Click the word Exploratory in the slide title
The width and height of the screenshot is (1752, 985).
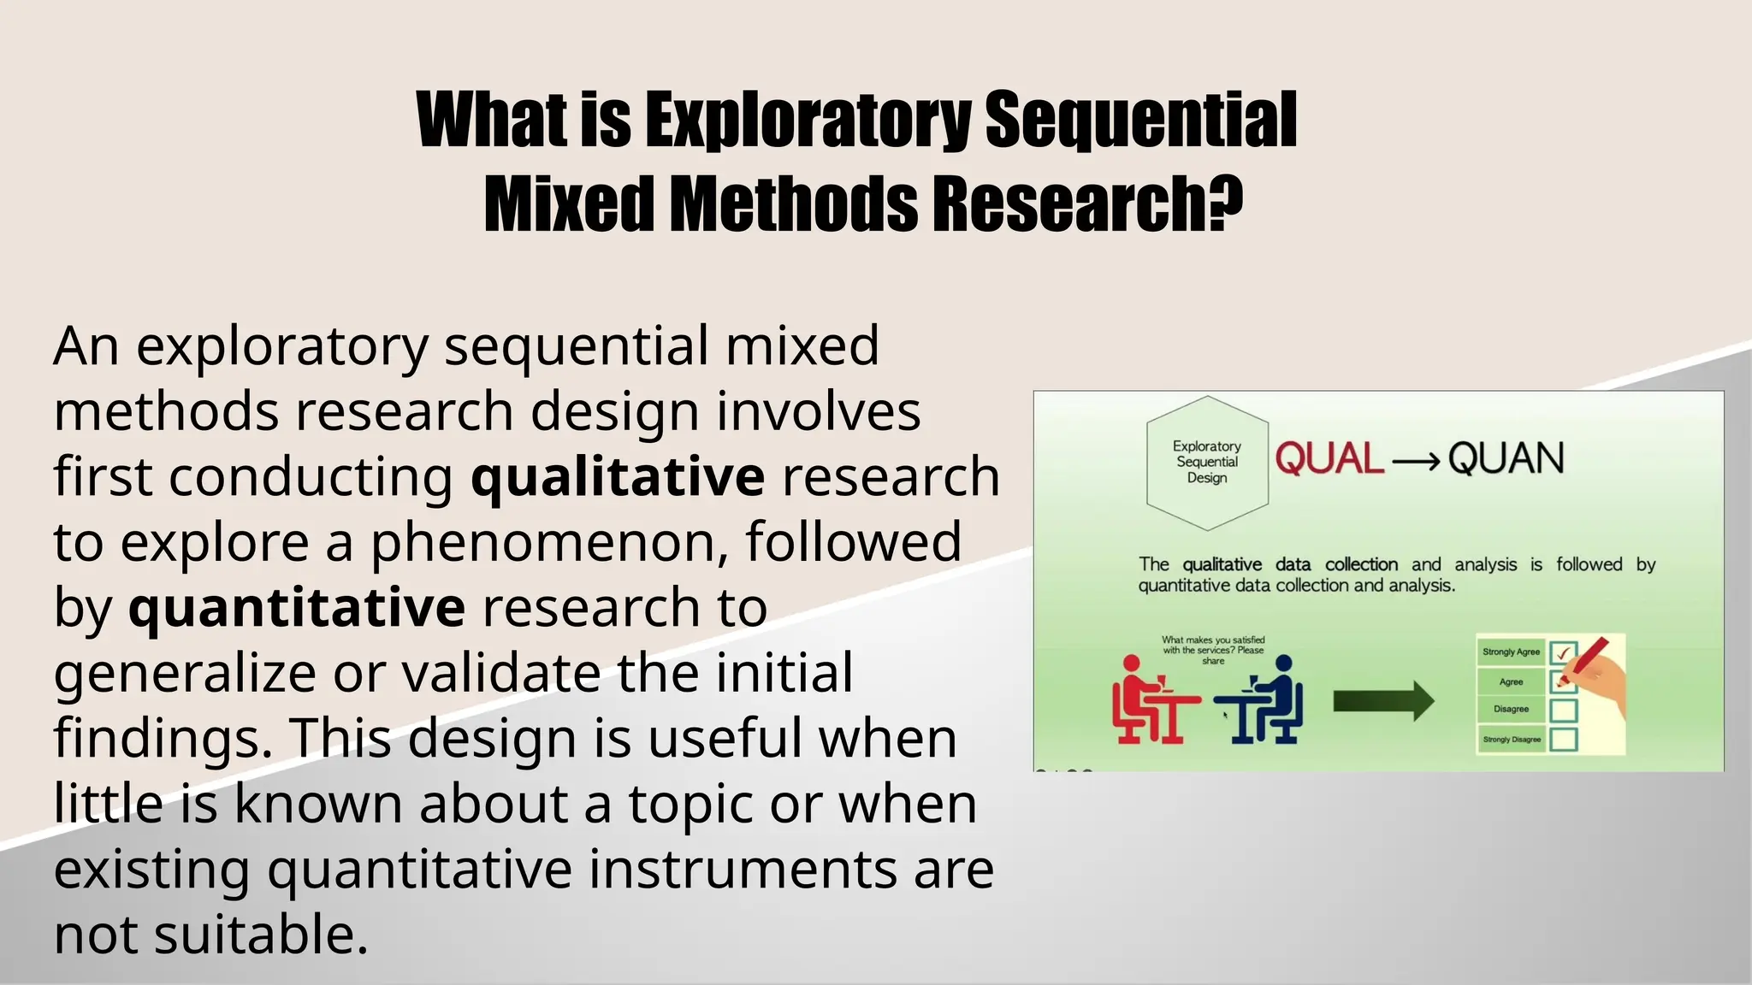tap(808, 121)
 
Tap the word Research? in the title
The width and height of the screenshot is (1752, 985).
tap(1086, 204)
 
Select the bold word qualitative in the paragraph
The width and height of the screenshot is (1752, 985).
tap(618, 477)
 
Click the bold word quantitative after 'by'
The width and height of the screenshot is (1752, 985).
tap(297, 608)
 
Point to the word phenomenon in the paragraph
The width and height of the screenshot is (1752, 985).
tap(549, 542)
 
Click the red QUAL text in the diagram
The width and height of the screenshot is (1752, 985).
tap(1329, 459)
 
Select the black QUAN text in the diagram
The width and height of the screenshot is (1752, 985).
tap(1506, 459)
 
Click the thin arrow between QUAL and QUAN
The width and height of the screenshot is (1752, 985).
tap(1416, 463)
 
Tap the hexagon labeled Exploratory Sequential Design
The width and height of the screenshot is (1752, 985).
tap(1207, 463)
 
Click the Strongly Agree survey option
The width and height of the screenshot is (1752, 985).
tap(1511, 652)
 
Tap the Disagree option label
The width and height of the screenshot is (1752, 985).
tap(1511, 709)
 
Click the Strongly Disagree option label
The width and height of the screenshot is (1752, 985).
tap(1511, 740)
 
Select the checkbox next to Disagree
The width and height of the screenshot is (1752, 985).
tap(1564, 710)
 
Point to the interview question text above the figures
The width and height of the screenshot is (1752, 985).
tap(1213, 650)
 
